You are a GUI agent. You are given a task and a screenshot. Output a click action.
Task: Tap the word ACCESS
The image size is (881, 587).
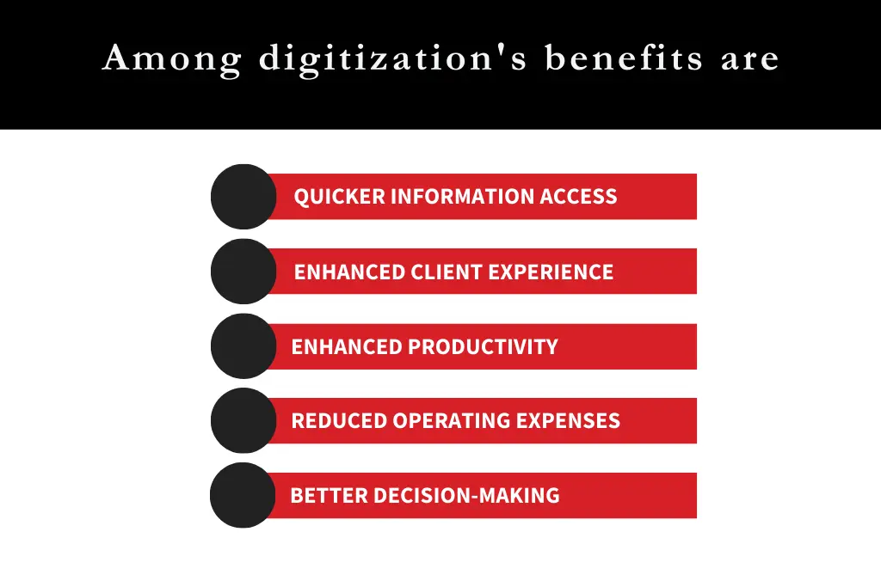[x=579, y=197]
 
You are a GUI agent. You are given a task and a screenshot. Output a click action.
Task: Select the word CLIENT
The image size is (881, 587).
[x=447, y=272]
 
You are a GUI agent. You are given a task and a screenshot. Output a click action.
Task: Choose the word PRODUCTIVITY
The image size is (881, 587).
[x=483, y=347]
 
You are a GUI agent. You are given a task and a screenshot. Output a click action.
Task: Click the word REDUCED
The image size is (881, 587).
[x=338, y=421]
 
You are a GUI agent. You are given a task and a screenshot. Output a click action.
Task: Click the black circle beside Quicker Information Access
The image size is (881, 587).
[x=243, y=197]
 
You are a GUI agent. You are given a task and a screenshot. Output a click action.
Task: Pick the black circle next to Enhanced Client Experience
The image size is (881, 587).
[x=243, y=272]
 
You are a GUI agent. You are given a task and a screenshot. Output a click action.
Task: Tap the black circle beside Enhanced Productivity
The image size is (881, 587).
[x=243, y=346]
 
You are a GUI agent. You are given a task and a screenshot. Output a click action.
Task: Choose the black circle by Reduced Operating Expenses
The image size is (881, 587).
[x=243, y=420]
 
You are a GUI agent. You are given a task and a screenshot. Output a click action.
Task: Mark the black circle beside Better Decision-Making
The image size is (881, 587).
[x=243, y=495]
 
